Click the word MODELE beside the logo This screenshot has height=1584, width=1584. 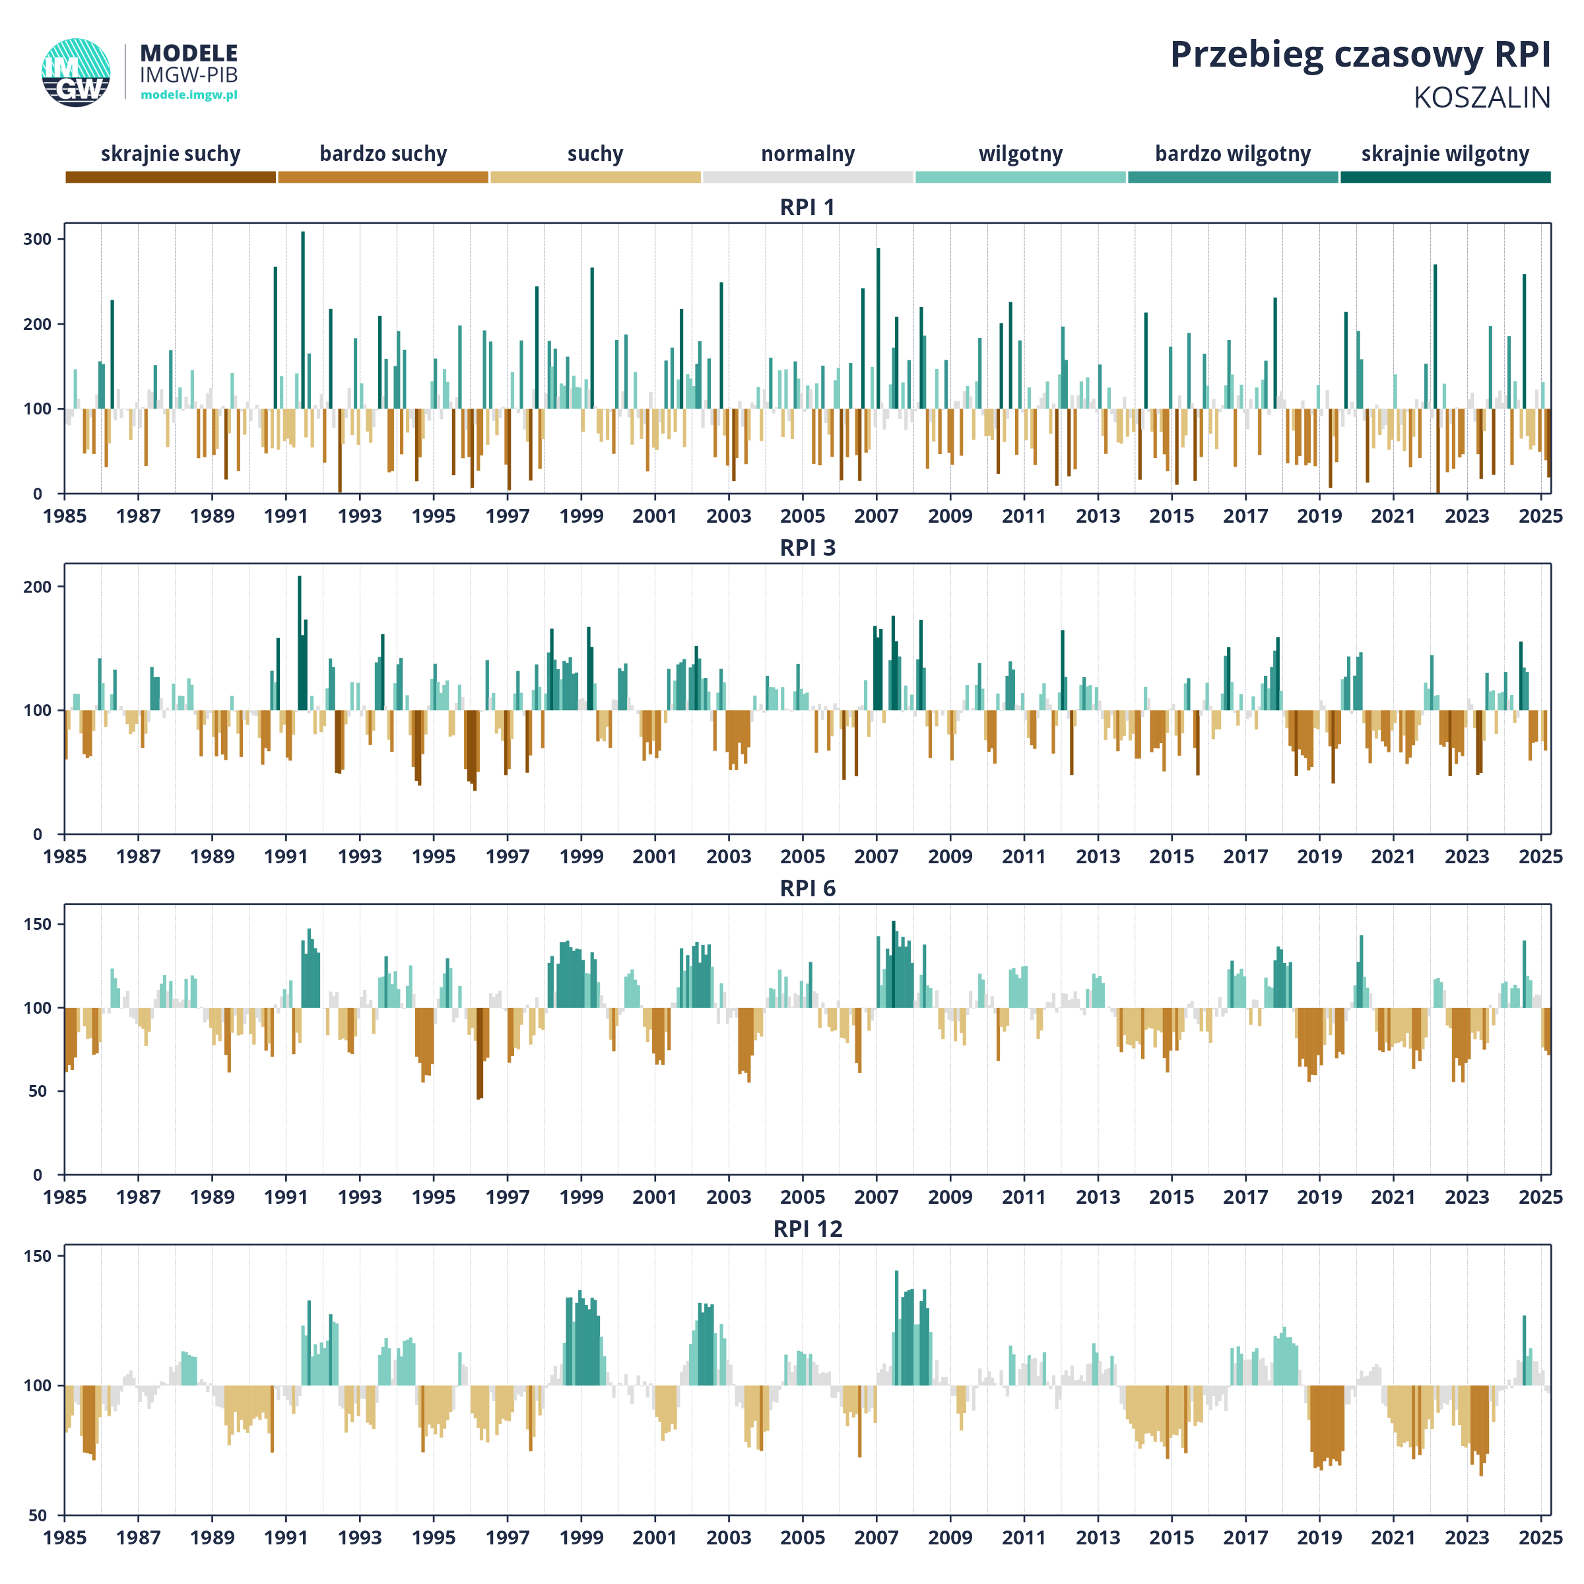189,53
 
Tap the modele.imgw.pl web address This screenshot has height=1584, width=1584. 189,95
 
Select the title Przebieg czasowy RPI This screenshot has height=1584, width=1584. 1360,55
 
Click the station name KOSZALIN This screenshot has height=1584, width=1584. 1482,98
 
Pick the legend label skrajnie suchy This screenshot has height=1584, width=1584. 170,154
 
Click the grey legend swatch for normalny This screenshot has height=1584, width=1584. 808,177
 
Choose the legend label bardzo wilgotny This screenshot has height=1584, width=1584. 1232,154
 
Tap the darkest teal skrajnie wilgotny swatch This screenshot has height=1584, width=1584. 1445,177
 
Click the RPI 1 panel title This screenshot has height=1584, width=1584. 808,207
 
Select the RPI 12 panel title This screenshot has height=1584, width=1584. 808,1229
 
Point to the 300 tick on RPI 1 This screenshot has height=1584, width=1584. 37,240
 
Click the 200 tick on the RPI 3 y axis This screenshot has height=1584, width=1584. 37,587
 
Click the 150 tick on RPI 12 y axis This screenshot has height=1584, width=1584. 37,1256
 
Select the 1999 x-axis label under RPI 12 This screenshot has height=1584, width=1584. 581,1538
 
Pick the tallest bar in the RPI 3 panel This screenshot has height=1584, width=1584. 299,643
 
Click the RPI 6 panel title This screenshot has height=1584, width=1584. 808,889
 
